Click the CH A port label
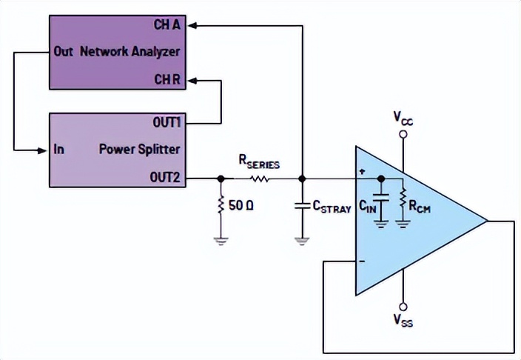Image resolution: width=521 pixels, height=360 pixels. [168, 25]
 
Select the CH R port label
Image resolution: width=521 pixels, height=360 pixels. [168, 78]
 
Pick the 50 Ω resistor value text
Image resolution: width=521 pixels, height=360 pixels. [241, 204]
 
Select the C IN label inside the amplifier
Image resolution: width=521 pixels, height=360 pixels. [368, 207]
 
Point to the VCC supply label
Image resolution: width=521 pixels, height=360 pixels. [403, 118]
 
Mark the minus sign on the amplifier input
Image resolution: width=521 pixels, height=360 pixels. [363, 261]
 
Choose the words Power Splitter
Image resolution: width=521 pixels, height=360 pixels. [140, 149]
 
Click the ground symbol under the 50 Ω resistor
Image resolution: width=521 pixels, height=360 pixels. [221, 239]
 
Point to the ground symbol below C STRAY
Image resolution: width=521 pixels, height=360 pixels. [302, 239]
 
